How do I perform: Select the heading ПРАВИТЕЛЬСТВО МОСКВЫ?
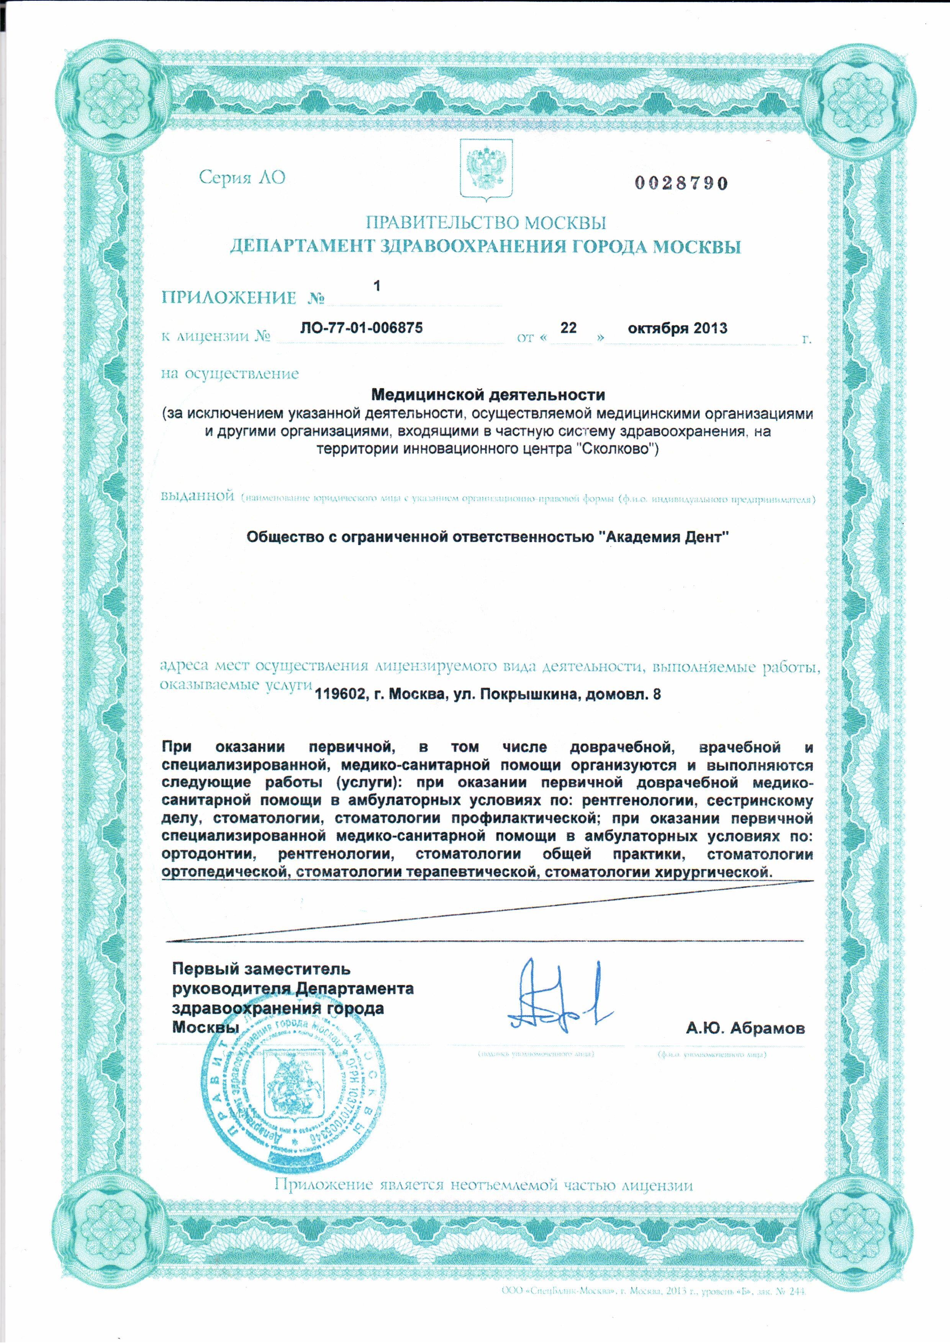tap(485, 223)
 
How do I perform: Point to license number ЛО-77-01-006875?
tap(361, 328)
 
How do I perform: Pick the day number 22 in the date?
tap(568, 328)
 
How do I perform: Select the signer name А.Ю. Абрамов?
tap(745, 1028)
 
